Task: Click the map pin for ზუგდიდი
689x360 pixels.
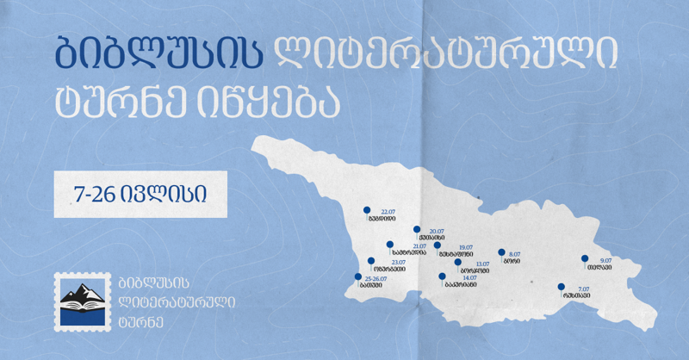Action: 367,209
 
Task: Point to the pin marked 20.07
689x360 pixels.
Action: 417,230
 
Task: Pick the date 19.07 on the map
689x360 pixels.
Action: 467,247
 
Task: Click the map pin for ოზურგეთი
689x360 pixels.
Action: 371,261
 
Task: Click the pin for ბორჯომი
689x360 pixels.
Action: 457,262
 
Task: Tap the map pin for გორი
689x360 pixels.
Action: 501,253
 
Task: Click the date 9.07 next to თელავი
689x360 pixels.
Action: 605,259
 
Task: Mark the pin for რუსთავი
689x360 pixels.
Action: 561,287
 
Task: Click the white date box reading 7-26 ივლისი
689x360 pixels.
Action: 139,194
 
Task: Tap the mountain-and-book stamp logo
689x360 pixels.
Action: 79,301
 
